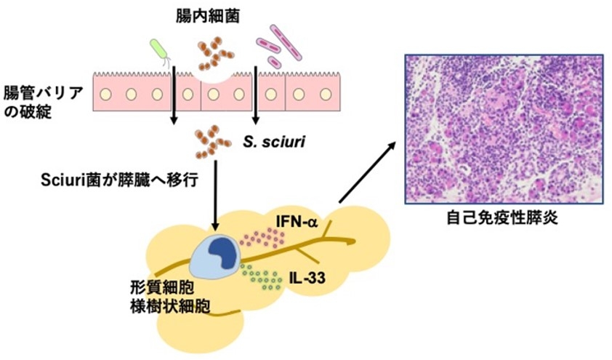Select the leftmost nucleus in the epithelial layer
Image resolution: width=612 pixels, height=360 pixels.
[x=107, y=95]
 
